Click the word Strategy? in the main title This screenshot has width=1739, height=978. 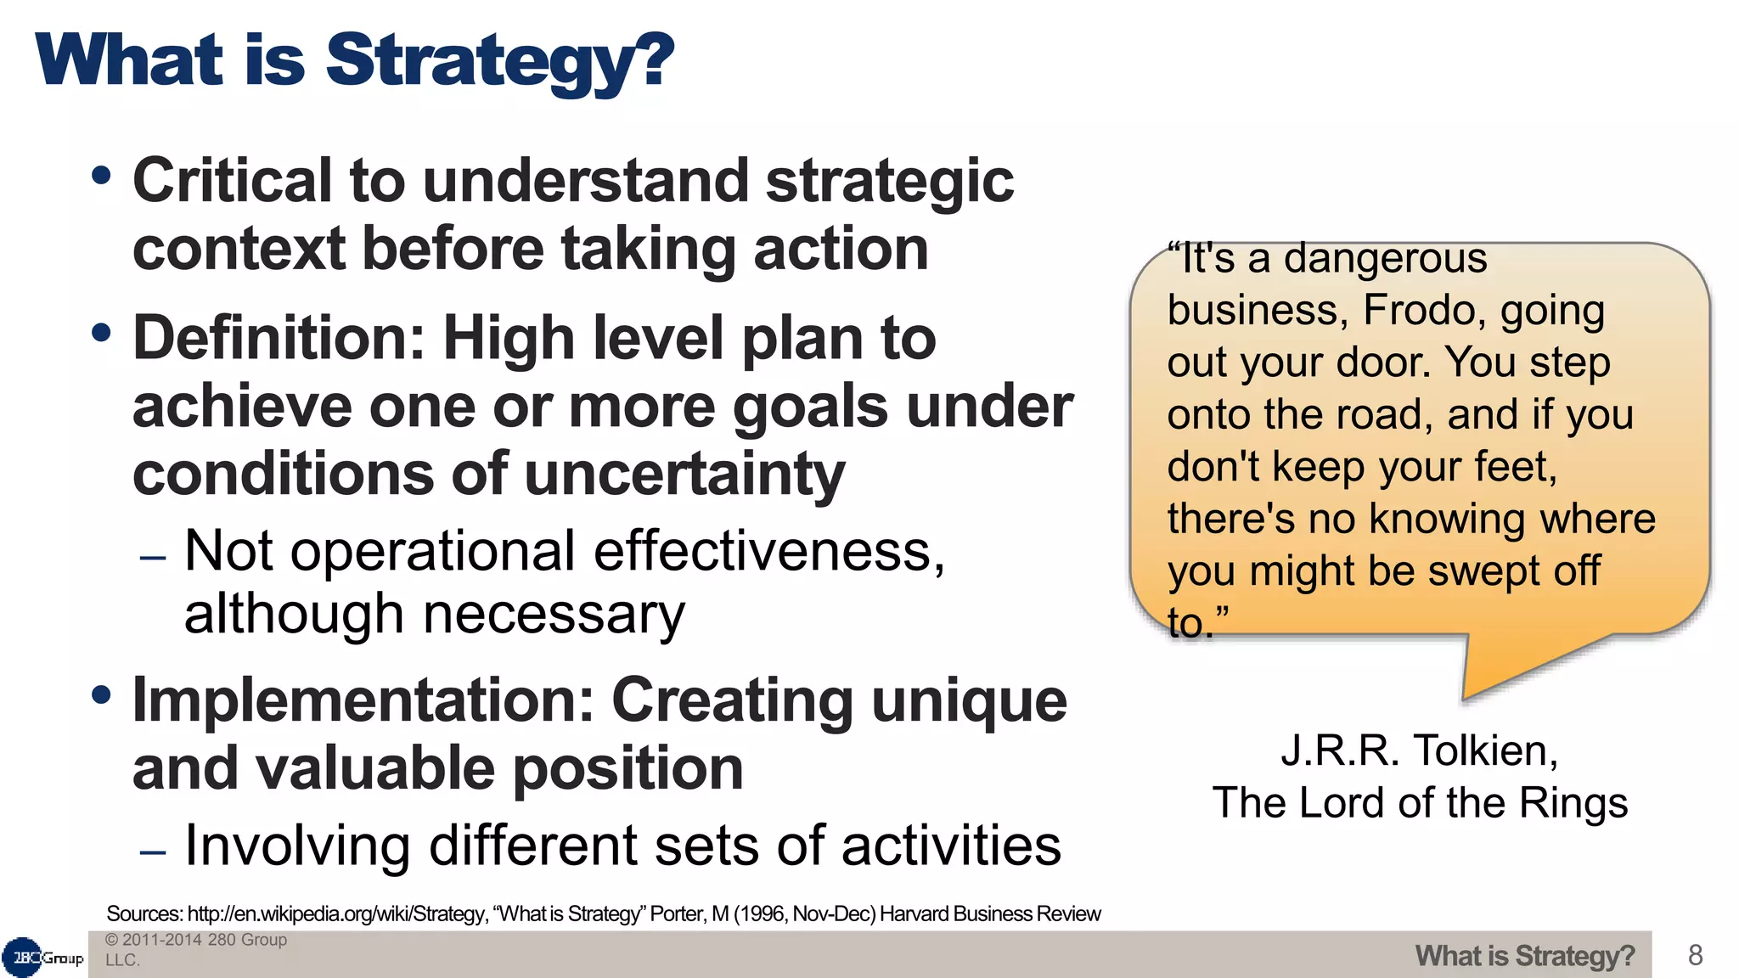[x=500, y=61]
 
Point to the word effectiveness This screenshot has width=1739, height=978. [x=768, y=552]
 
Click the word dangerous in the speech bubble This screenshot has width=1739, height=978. [x=1385, y=258]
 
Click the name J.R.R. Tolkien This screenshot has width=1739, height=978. [x=1419, y=751]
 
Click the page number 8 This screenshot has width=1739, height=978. [x=1695, y=955]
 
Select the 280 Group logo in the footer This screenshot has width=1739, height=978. [x=43, y=958]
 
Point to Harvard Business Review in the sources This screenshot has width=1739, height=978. [x=990, y=914]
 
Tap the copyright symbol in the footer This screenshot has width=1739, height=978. [x=111, y=940]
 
